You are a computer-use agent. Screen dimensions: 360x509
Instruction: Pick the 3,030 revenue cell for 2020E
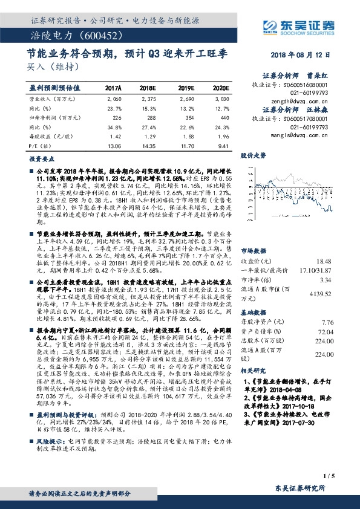click(221, 98)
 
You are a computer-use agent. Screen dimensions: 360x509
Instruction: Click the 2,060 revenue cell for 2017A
click(114, 98)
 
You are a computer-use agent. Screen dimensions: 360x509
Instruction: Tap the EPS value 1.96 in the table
click(223, 137)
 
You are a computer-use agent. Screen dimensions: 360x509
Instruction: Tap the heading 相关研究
click(253, 369)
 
